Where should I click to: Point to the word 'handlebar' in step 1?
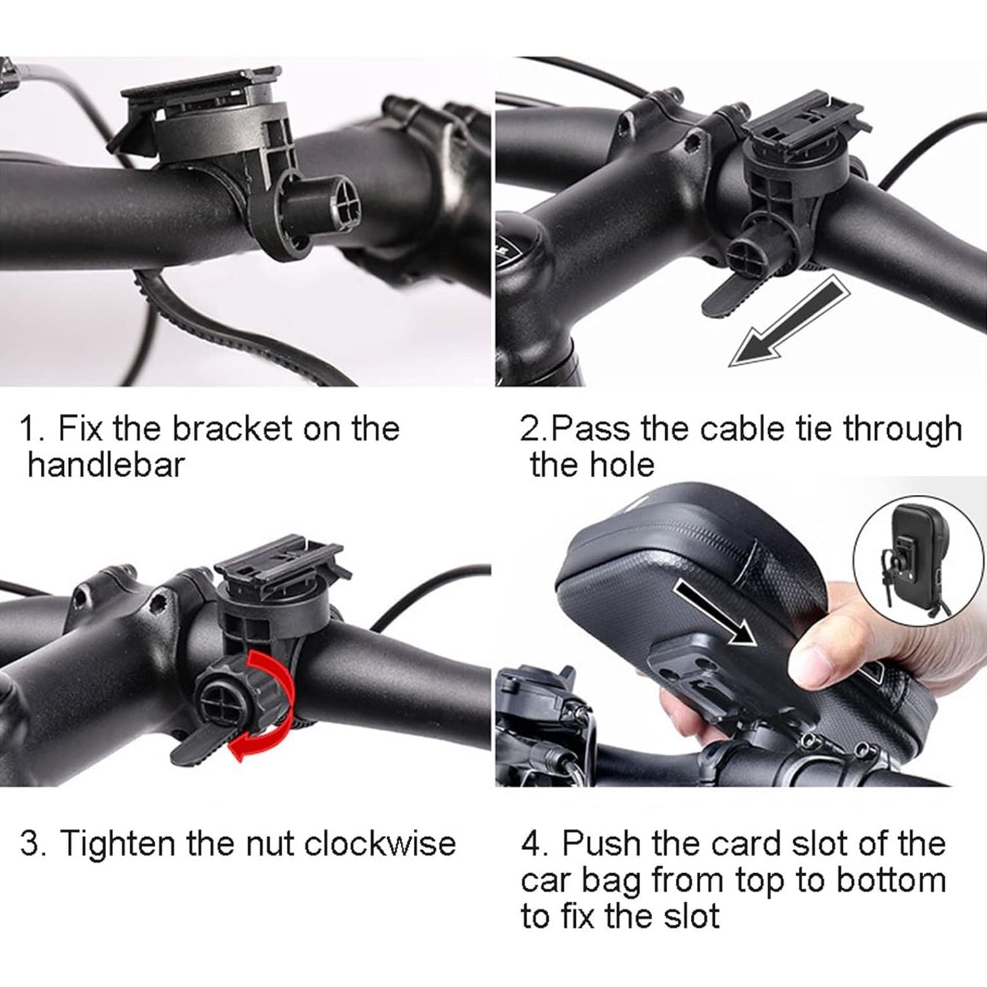pos(106,465)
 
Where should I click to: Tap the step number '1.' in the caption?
pos(31,429)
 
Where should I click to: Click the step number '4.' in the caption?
pos(534,844)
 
